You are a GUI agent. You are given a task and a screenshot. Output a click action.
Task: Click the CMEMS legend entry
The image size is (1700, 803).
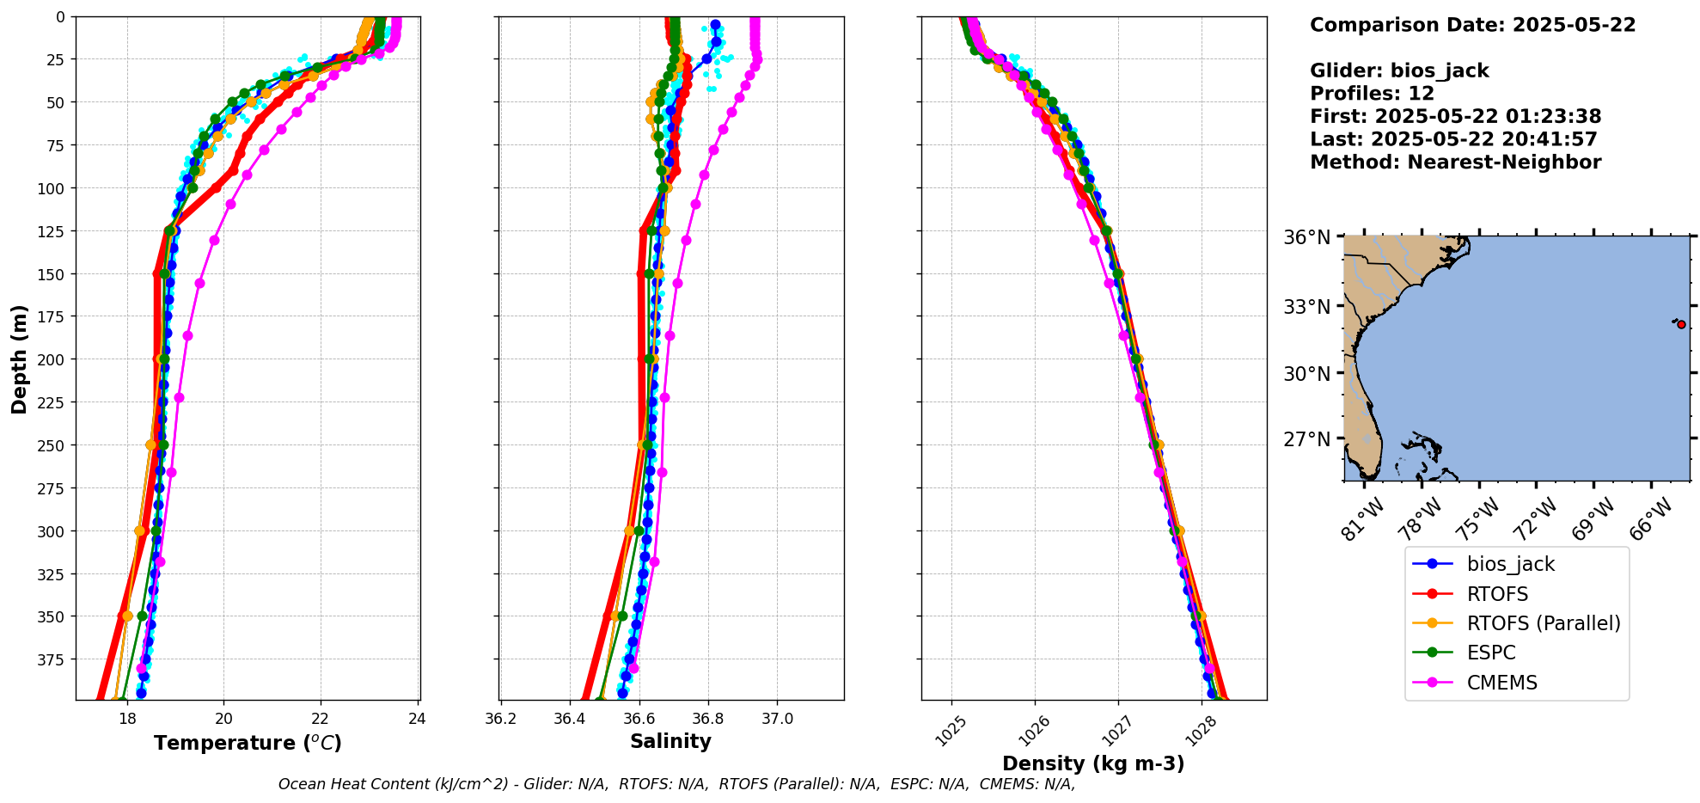(1501, 683)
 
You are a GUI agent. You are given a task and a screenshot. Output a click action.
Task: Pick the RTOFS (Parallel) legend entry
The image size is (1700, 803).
(1543, 623)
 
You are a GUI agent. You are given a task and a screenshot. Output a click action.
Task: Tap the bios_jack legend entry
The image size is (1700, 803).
(1510, 564)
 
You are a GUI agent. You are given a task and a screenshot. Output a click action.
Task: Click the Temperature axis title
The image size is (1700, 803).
(248, 743)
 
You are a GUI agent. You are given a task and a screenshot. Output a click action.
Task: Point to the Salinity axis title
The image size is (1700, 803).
(670, 741)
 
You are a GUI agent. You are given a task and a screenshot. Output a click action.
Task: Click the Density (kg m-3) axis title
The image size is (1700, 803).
(1093, 763)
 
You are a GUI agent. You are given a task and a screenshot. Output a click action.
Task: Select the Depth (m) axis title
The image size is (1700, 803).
(19, 359)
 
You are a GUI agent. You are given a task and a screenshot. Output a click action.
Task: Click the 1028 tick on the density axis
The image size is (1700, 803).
(1207, 727)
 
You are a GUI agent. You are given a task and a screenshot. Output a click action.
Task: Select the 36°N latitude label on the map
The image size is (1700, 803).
(1306, 237)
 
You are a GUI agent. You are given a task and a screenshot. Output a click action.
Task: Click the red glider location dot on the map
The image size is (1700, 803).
(1681, 324)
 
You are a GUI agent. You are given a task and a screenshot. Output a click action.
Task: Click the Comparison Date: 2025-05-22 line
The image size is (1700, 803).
(1472, 25)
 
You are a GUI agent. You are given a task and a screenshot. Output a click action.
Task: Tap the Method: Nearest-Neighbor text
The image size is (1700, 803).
(1455, 162)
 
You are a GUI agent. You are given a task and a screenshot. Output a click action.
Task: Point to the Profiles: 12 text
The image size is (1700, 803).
(1372, 94)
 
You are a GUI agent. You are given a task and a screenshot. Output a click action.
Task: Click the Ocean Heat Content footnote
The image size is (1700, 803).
(676, 784)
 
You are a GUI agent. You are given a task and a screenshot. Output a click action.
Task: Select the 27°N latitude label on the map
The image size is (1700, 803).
(1306, 439)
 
